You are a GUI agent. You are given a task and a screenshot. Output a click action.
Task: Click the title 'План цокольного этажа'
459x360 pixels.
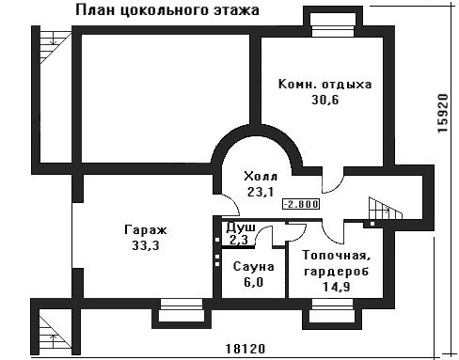click(167, 10)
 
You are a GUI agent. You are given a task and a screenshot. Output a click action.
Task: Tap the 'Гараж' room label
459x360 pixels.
click(146, 230)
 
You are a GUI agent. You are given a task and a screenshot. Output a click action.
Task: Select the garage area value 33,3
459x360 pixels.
click(146, 245)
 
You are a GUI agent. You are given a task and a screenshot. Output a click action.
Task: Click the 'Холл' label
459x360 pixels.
click(261, 177)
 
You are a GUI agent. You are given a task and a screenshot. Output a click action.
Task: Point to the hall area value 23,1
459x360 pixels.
click(261, 192)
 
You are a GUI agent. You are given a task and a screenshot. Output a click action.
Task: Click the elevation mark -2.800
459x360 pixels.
click(301, 204)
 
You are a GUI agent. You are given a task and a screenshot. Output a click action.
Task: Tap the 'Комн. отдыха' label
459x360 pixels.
click(324, 85)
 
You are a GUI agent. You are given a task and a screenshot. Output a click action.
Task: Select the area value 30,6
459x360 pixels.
click(325, 100)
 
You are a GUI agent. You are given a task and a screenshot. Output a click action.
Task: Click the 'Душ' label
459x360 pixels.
click(241, 227)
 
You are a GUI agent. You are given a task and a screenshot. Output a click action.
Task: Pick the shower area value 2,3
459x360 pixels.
click(239, 240)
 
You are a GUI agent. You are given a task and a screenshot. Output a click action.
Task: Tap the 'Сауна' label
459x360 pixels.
click(254, 267)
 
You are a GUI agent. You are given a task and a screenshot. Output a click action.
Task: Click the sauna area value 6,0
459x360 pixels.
click(254, 282)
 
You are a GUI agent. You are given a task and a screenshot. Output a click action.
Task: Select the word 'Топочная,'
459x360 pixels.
click(337, 256)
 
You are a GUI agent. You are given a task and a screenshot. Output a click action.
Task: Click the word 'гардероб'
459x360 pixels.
click(337, 271)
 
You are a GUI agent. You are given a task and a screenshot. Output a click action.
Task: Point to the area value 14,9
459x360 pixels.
click(337, 287)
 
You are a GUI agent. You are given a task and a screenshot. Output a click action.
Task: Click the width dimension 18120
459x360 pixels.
click(245, 349)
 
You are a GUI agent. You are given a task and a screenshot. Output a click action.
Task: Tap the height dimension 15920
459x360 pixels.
click(443, 114)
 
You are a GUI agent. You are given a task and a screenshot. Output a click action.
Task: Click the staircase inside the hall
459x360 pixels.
click(386, 209)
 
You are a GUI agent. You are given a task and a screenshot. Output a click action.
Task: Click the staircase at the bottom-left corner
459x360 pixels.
click(55, 332)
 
